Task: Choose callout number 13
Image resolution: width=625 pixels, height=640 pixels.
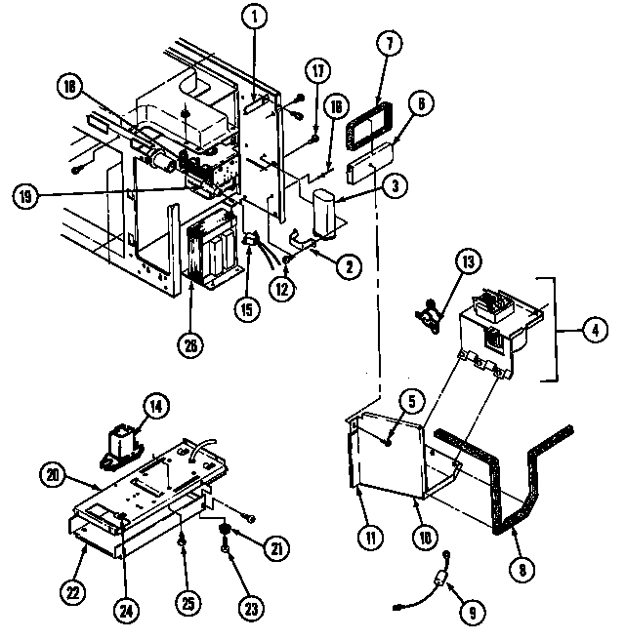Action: (468, 262)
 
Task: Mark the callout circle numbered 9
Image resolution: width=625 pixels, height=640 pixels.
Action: (472, 614)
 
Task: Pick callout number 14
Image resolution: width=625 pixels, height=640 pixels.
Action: (154, 406)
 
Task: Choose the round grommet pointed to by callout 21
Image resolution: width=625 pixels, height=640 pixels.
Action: (227, 530)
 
